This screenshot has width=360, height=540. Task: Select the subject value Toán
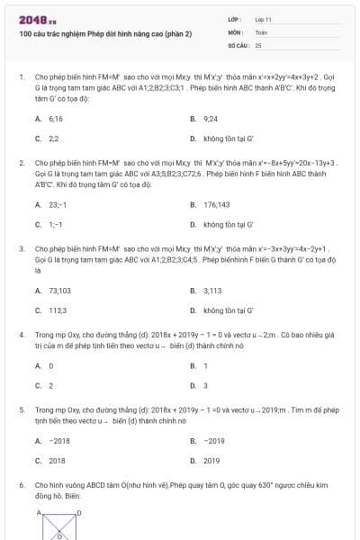coord(261,31)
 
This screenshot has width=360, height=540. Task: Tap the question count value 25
coord(258,44)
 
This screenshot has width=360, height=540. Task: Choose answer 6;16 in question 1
coord(56,118)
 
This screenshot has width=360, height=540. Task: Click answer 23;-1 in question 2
coord(58,204)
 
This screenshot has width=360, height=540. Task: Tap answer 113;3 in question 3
coord(58,310)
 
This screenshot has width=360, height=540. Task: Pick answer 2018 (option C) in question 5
coord(57,461)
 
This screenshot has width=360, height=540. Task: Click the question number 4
coord(21,334)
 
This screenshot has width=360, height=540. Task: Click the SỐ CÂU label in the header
coord(238,44)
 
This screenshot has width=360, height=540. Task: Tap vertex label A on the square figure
coord(40,512)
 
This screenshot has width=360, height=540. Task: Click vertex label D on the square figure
coord(79,512)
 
